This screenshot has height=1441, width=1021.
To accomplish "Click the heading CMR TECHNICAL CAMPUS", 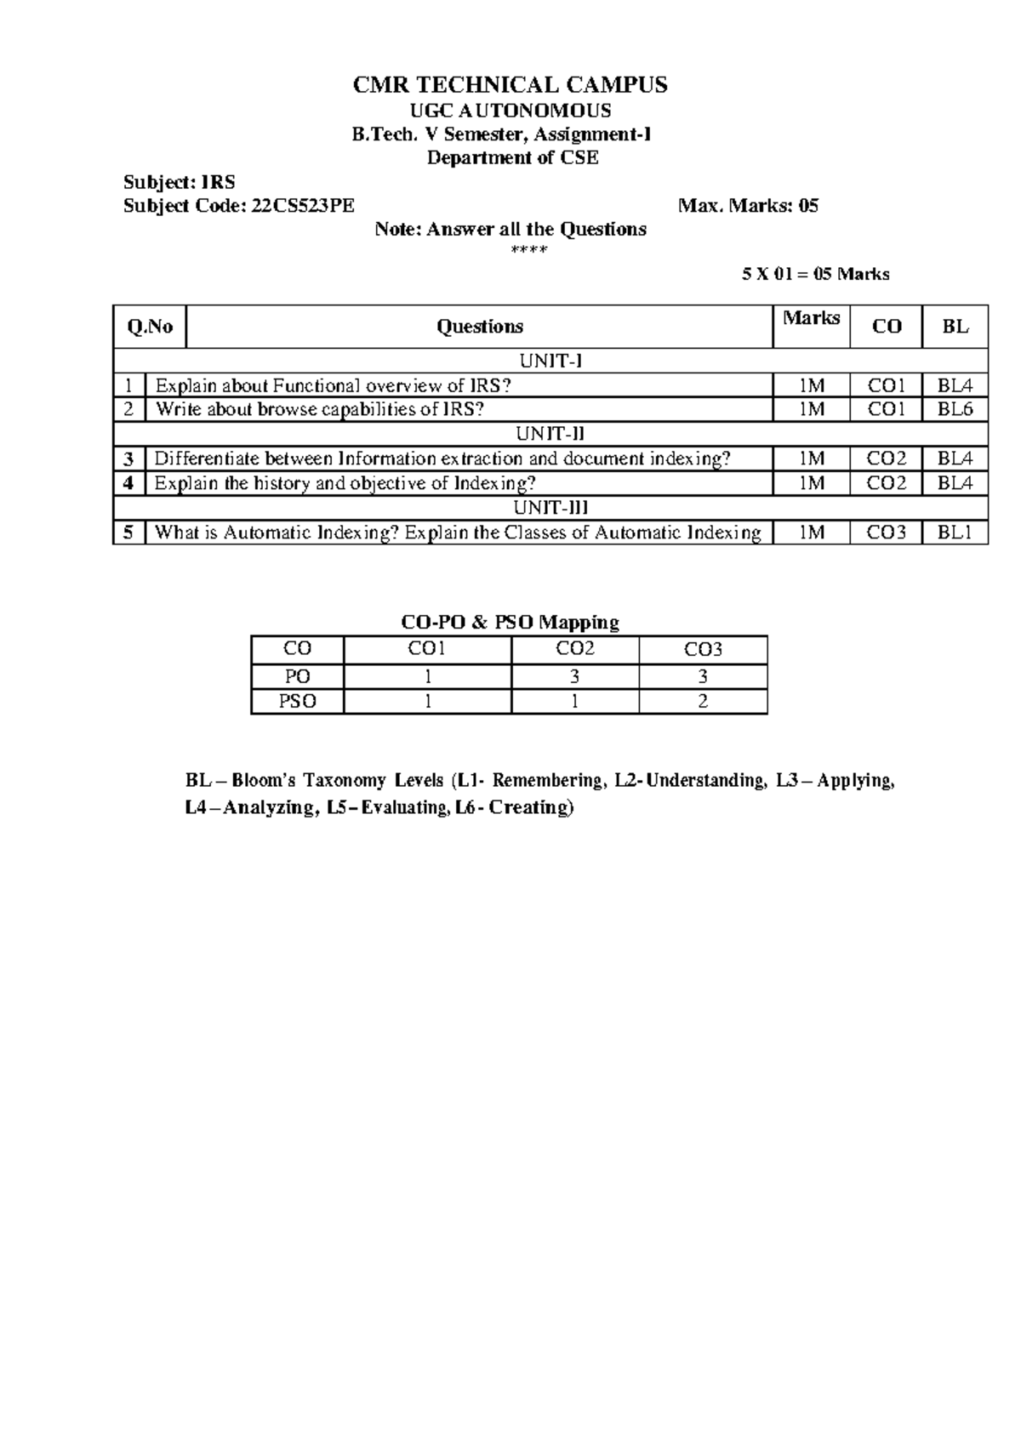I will pos(510,85).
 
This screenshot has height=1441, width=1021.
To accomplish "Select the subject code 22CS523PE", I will pos(303,206).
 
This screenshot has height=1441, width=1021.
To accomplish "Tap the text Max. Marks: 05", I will pos(748,206).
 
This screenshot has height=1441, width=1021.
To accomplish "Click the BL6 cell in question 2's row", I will pos(955,409).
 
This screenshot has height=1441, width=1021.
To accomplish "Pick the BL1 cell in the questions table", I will pos(955,533).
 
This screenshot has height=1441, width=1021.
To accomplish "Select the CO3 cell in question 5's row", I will pos(886,533).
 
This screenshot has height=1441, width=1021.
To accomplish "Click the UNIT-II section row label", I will pos(550,434).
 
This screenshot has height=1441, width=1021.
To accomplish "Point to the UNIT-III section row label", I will pos(550,508).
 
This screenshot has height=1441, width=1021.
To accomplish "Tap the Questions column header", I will pos(479,327).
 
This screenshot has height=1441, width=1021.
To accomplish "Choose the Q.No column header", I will pos(150,327).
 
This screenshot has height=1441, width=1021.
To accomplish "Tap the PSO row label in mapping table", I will pos(297,702).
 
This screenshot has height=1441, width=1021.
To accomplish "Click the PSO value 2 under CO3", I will pos(703,702).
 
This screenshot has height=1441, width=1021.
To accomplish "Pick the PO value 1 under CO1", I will pos(427,677).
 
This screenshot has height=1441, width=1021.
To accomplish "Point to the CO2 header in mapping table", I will pos(575,649).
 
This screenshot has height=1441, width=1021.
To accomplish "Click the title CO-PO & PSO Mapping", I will pos(510,623).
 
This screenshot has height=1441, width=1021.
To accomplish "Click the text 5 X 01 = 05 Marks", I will pos(815,274).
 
